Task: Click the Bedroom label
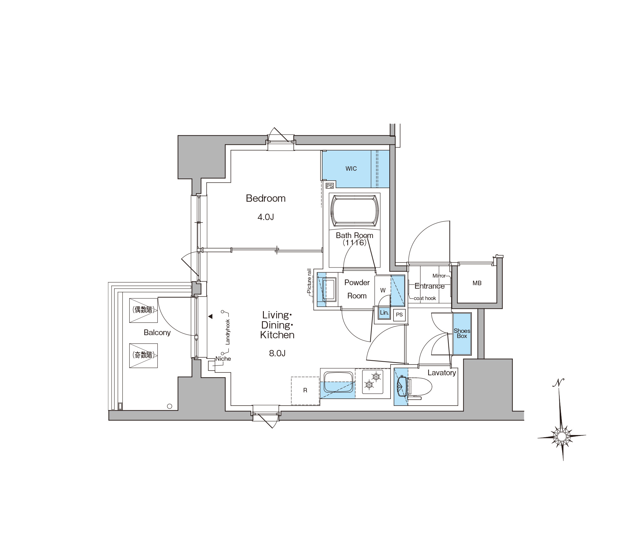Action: point(265,198)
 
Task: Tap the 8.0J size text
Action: point(277,353)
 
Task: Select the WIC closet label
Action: point(351,169)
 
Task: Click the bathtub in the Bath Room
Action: point(355,211)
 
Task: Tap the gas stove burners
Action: point(372,381)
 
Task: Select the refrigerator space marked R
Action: point(305,391)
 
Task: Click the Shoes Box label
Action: point(462,333)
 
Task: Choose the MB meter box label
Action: point(477,283)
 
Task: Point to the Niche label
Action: point(223,359)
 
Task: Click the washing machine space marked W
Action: point(383,290)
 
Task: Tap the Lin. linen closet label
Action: point(384,313)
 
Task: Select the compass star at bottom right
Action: point(562,437)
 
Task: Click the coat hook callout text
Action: point(425,298)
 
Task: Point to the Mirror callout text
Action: point(439,276)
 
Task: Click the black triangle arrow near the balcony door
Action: point(210,316)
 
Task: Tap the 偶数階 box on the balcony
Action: point(143,310)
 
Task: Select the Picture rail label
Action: point(309,281)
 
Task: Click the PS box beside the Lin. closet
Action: point(399,315)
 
